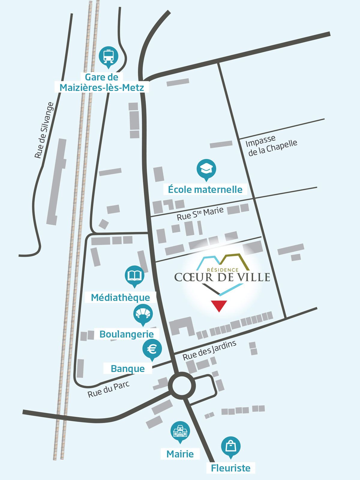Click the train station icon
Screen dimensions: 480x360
(x=109, y=56)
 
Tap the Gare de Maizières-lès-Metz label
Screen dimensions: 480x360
(x=102, y=82)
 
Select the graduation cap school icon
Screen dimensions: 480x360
(x=206, y=169)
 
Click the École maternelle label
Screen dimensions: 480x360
(x=205, y=190)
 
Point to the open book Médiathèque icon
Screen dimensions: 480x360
(x=134, y=275)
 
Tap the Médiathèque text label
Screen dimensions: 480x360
(x=120, y=298)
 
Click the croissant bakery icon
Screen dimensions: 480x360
(x=143, y=314)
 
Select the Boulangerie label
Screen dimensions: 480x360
(x=127, y=334)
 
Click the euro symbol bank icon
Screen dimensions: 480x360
(x=152, y=349)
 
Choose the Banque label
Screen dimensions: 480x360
(x=128, y=368)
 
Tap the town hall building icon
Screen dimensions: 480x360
(x=180, y=431)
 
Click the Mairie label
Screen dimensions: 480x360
(x=180, y=454)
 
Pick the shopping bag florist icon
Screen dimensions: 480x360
(x=231, y=446)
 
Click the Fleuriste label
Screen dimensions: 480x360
(x=230, y=468)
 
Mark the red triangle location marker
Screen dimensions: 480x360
(x=219, y=305)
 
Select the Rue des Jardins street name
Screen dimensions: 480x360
(x=209, y=350)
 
